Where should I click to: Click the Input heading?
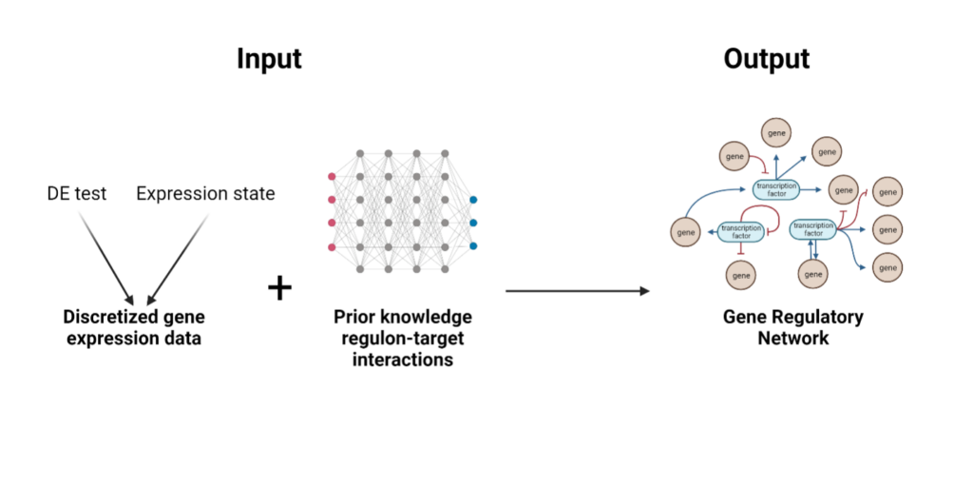(269, 59)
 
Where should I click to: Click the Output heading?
(766, 59)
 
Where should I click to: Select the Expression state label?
(205, 194)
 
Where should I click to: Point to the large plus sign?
(278, 288)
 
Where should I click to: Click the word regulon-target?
(402, 339)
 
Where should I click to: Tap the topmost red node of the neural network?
(332, 176)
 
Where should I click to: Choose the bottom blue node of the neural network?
(473, 246)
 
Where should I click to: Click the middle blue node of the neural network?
(473, 224)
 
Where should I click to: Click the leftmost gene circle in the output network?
(684, 230)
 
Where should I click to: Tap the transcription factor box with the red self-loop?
(740, 229)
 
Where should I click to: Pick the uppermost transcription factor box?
(774, 188)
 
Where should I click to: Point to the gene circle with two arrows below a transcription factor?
(812, 275)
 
